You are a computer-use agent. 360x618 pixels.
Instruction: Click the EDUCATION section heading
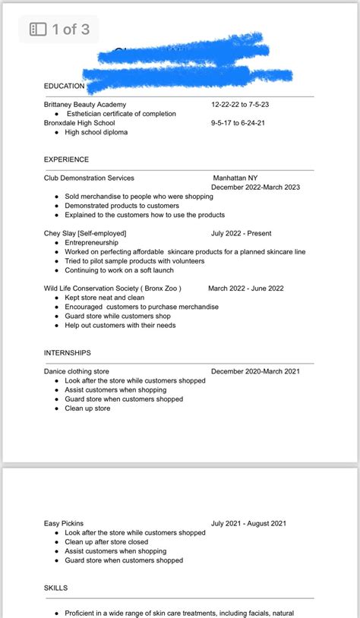point(65,86)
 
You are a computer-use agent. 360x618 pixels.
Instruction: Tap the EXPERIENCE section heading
point(66,159)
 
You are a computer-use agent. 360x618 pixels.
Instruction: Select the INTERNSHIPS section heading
point(68,353)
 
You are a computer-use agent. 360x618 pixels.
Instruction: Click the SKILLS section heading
point(56,588)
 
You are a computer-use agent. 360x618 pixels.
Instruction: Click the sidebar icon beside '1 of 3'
point(38,30)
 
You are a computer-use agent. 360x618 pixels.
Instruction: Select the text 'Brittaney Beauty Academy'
point(85,104)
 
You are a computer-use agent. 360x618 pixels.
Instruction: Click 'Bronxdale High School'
point(79,123)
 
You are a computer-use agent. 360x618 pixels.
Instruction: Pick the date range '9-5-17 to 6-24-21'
point(242,123)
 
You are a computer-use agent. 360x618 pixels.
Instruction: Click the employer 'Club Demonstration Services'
point(89,178)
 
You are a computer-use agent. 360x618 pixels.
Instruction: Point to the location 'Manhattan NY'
point(236,178)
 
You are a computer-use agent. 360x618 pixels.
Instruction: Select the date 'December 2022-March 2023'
point(255,187)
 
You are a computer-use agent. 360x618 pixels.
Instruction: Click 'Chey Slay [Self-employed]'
point(85,233)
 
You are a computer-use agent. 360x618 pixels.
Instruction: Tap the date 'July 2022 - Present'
point(241,233)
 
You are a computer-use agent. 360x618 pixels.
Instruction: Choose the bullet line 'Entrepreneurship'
point(91,242)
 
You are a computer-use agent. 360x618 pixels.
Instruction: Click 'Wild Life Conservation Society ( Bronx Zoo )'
point(112,289)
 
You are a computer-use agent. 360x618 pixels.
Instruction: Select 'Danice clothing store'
point(77,371)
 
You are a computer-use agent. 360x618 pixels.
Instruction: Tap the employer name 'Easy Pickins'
point(64,523)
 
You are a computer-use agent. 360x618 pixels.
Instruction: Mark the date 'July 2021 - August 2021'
point(248,523)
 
